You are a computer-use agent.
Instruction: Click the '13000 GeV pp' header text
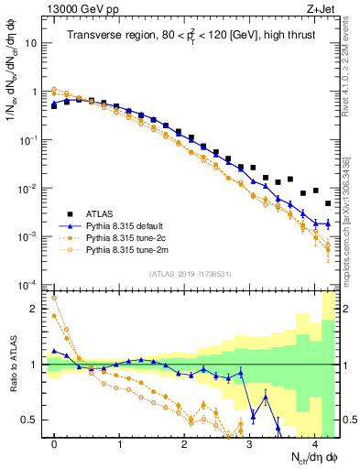pyautogui.click(x=80, y=10)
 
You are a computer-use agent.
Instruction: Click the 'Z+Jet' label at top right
pyautogui.click(x=321, y=10)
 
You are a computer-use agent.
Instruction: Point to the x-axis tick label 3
pyautogui.click(x=249, y=442)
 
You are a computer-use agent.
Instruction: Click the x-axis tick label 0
pyautogui.click(x=55, y=442)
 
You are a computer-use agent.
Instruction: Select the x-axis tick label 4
pyautogui.click(x=314, y=442)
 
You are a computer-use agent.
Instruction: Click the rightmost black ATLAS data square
pyautogui.click(x=328, y=203)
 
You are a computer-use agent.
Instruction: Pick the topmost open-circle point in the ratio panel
pyautogui.click(x=55, y=298)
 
